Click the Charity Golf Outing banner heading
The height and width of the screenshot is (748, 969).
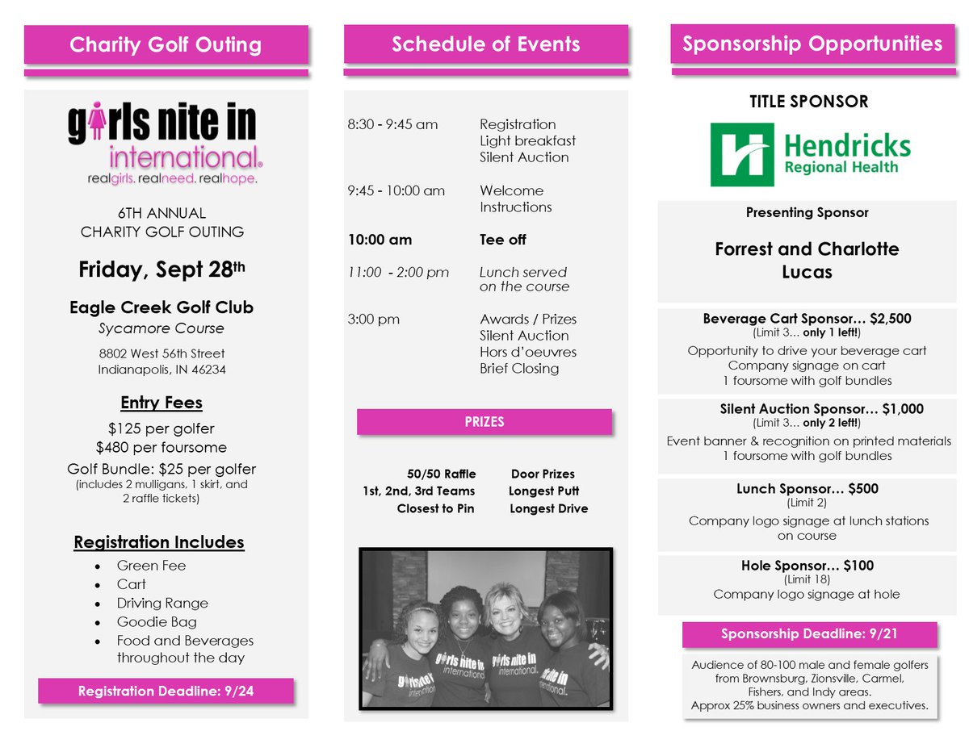tap(166, 44)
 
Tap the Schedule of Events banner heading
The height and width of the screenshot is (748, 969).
tap(485, 44)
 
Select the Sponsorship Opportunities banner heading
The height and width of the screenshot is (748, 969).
tap(812, 44)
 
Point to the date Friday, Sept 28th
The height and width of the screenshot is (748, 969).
tap(161, 269)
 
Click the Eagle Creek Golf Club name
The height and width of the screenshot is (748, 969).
tap(161, 307)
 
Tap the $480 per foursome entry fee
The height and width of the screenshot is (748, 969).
tap(161, 447)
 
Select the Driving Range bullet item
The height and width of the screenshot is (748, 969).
tap(162, 603)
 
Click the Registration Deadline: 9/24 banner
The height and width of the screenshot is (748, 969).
tap(166, 691)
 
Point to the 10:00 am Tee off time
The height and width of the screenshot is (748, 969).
tap(380, 240)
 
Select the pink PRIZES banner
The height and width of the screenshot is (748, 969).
tap(484, 421)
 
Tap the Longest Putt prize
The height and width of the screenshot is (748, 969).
tap(543, 491)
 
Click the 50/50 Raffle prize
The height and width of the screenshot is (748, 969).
tap(441, 474)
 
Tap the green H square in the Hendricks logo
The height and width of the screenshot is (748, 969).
tap(742, 154)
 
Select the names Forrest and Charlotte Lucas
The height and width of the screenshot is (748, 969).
tap(807, 260)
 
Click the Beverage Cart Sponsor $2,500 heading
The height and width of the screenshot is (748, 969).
tap(807, 319)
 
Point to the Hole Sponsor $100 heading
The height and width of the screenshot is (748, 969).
tap(807, 566)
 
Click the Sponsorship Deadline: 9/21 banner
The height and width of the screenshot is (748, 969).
tap(809, 634)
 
